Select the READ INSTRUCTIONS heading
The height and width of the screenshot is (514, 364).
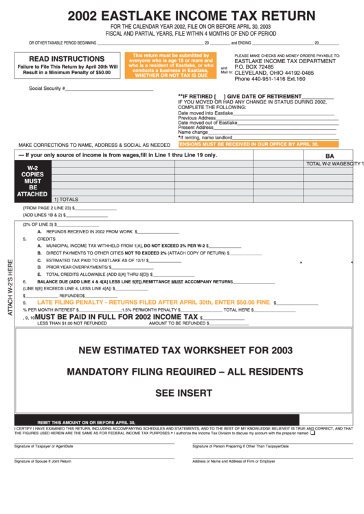(67, 59)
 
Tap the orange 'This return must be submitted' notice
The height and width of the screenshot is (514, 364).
(170, 65)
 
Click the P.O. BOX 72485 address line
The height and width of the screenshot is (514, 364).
(254, 67)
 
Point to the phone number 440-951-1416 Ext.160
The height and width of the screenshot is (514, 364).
(270, 79)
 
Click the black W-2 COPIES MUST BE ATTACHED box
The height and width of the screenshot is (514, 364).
(32, 180)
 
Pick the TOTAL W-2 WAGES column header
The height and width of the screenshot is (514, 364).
(333, 164)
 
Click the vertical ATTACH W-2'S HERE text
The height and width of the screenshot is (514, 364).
(10, 287)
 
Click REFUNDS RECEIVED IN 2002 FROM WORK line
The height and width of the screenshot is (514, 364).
(96, 232)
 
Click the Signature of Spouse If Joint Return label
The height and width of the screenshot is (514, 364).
(43, 461)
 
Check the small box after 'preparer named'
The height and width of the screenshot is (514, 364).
(313, 433)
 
